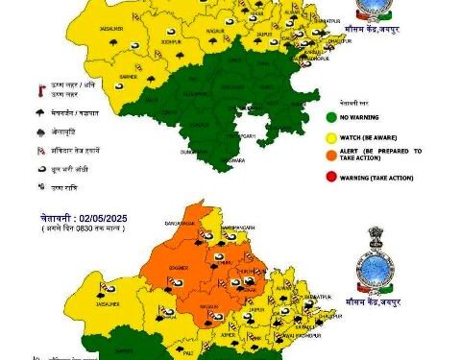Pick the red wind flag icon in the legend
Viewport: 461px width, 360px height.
click(x=40, y=151)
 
